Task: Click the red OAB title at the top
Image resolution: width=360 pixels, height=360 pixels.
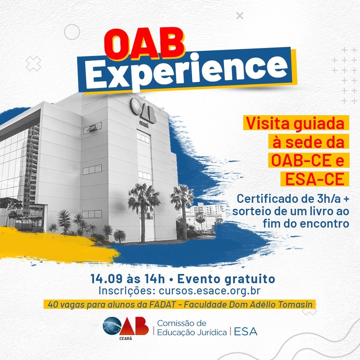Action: coord(144,44)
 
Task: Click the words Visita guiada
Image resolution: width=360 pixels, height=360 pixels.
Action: coord(295,124)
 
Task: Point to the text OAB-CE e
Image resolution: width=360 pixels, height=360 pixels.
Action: coord(308,160)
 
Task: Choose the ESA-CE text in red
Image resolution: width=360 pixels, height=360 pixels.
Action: coord(314,179)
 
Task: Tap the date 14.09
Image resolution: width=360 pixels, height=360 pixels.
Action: coord(106,279)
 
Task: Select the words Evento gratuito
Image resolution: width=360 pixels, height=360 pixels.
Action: coord(226,279)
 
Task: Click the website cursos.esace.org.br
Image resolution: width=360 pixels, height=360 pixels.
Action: coord(209,291)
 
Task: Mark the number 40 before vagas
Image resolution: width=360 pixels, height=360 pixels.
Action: coord(52,305)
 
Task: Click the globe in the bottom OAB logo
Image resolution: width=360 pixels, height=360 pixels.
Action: coord(112,326)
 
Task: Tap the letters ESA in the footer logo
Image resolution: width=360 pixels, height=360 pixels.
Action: coord(246,332)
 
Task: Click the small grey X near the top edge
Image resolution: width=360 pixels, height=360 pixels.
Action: coord(240,16)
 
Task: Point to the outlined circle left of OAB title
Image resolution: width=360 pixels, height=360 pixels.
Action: coord(72,32)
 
